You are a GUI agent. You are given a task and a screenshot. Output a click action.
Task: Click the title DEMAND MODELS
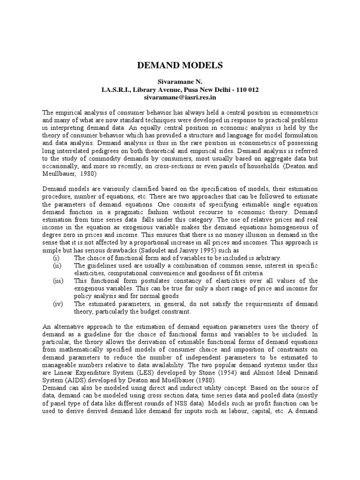coord(180,65)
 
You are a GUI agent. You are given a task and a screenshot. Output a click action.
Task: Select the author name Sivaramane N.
coord(180,82)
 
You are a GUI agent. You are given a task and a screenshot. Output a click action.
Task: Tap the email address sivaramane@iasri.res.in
coord(180,97)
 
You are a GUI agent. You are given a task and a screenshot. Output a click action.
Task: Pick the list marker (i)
coord(56,258)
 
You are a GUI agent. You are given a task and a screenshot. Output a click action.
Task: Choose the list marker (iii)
coord(57,281)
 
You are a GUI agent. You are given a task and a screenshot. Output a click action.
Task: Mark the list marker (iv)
coord(57,304)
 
